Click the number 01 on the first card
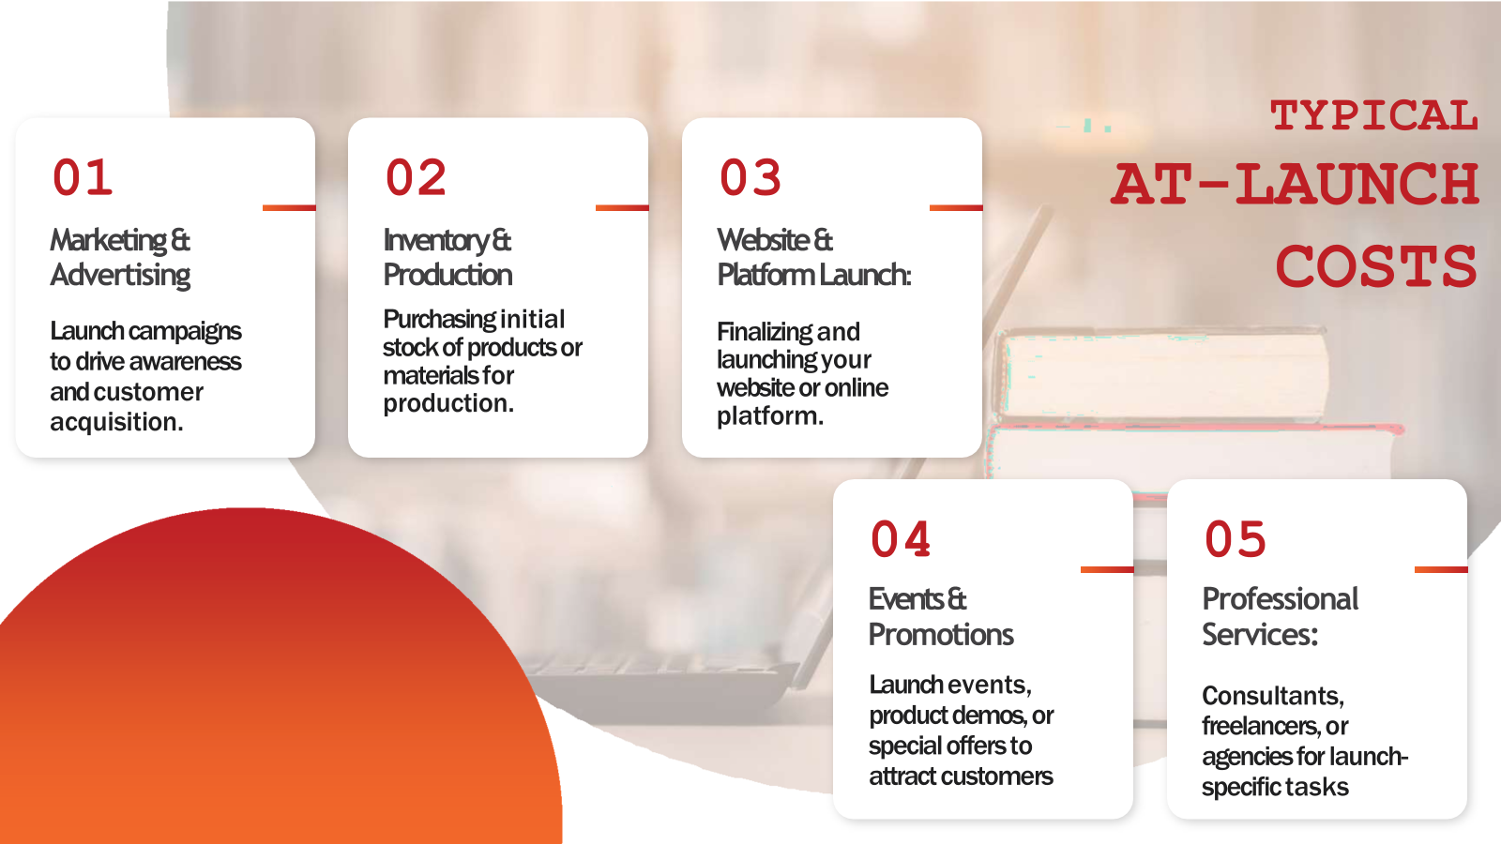(83, 178)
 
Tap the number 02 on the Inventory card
(416, 178)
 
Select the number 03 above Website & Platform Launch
(750, 178)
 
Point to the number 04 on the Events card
(901, 539)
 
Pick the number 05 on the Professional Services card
(1235, 539)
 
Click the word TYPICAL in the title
(1373, 115)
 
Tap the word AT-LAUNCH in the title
(1294, 184)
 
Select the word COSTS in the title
(1376, 265)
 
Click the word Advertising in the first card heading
(120, 276)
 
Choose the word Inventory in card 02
(436, 241)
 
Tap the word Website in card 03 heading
(763, 240)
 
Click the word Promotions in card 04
(941, 634)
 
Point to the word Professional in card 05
(1280, 599)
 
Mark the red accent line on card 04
(1107, 569)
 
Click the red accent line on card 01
(289, 207)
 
